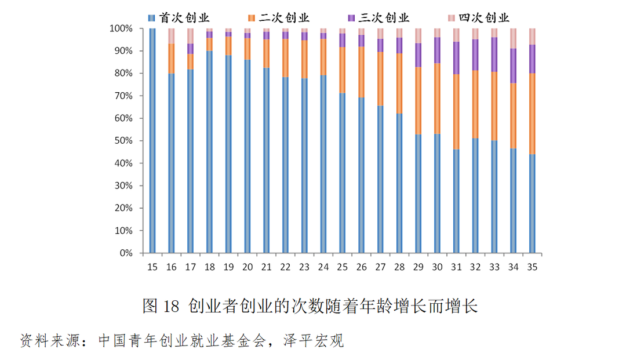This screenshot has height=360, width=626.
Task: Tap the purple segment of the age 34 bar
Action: tap(514, 66)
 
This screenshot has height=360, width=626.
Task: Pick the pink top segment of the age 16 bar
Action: tap(172, 36)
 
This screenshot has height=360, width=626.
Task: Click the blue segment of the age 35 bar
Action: tap(532, 203)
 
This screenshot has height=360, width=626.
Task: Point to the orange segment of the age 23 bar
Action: tap(304, 59)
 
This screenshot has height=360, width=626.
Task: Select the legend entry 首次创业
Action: tap(180, 18)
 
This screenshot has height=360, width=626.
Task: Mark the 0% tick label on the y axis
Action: tap(125, 253)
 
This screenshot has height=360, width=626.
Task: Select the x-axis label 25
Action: tap(342, 267)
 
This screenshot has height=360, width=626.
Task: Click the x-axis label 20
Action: tap(248, 267)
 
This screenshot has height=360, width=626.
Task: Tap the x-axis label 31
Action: tap(456, 267)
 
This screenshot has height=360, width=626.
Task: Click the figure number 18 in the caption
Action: tap(172, 306)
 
